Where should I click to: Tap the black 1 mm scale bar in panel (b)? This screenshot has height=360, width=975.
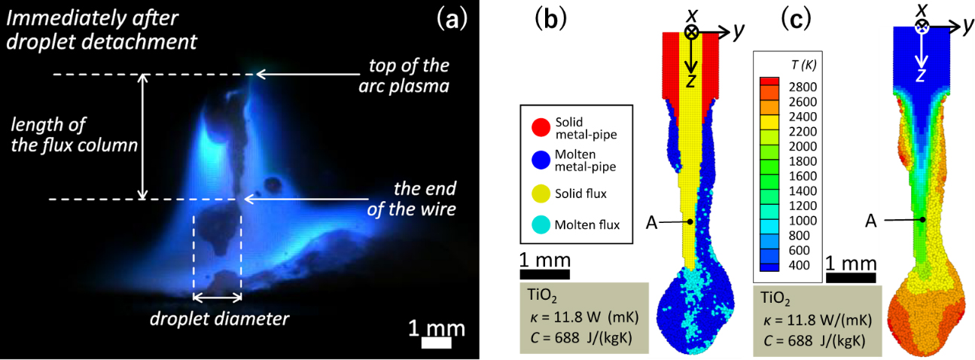click(544, 273)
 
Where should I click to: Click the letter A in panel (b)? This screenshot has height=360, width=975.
click(654, 222)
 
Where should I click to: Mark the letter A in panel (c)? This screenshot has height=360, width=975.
click(871, 221)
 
